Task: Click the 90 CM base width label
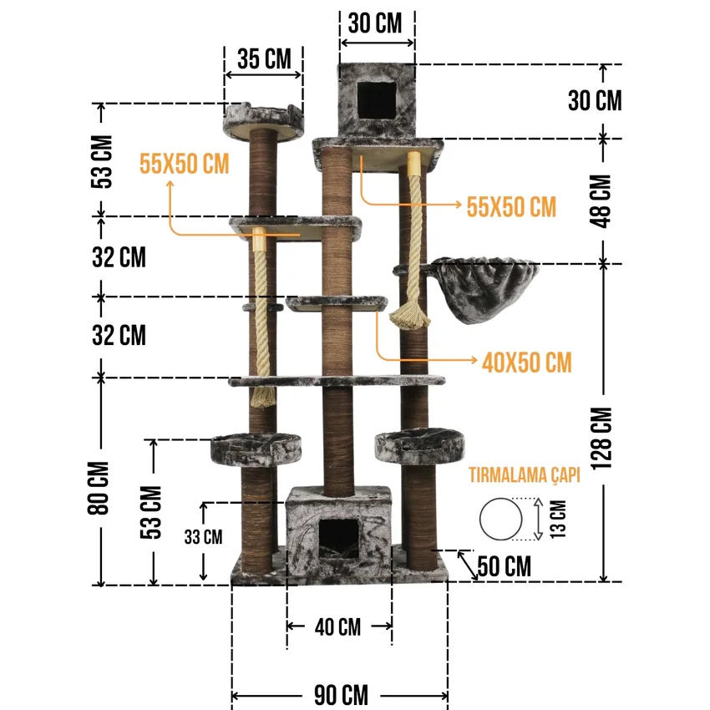[x=341, y=695]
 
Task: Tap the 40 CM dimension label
[x=337, y=627]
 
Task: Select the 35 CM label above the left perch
[x=264, y=58]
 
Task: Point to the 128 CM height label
[x=601, y=439]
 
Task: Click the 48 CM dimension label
[x=601, y=200]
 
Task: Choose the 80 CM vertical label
[x=99, y=488]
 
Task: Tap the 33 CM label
[x=203, y=537]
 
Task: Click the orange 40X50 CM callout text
[x=526, y=363]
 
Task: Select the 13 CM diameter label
[x=558, y=519]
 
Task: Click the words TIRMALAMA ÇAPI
[x=525, y=475]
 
